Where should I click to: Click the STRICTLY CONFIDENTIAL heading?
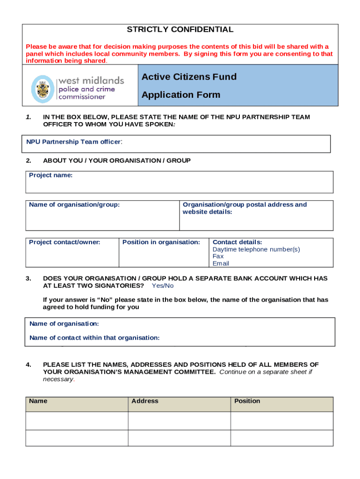tap(180, 30)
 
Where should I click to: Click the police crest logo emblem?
tap(43, 89)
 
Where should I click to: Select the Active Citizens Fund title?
tap(189, 77)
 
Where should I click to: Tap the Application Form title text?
tap(180, 95)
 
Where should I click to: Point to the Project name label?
tap(50, 175)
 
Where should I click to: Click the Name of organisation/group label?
tap(74, 205)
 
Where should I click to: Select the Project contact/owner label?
tap(65, 242)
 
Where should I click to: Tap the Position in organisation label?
tap(161, 242)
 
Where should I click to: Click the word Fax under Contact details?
tap(218, 256)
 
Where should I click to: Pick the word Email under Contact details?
tap(221, 263)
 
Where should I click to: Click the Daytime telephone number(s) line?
tap(256, 249)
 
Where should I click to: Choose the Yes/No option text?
tap(163, 286)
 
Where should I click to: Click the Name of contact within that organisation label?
tap(94, 338)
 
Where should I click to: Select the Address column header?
tap(145, 401)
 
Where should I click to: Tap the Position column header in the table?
tap(247, 401)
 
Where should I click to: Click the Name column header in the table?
tap(38, 401)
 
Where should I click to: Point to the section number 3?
tap(29, 279)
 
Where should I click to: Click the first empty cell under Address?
tap(179, 421)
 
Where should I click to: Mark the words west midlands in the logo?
tap(91, 80)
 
